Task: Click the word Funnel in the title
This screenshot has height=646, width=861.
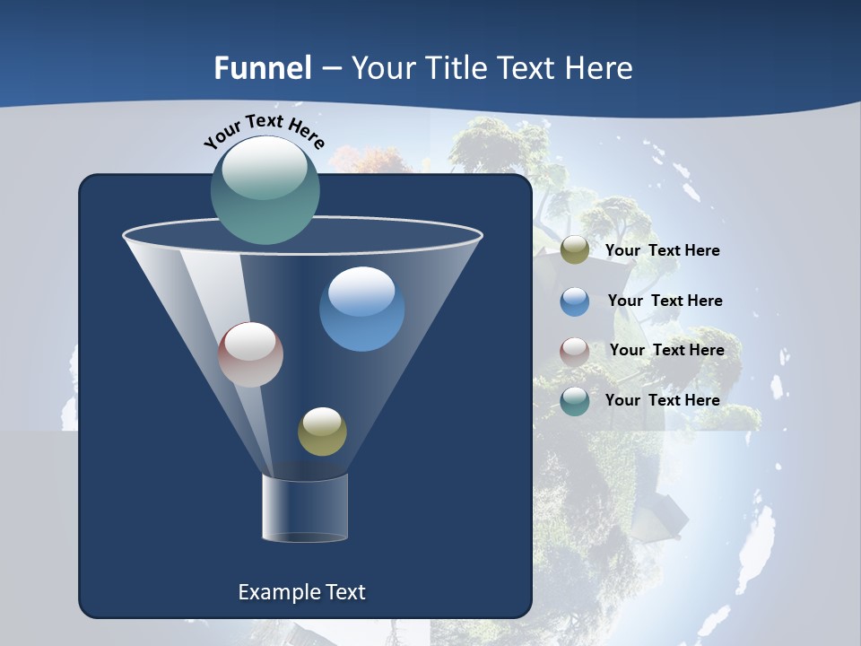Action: coord(262,68)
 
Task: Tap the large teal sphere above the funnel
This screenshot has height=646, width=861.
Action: coord(265,189)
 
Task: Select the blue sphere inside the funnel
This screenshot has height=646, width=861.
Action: coord(361,309)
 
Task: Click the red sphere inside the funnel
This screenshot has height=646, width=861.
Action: coord(250,354)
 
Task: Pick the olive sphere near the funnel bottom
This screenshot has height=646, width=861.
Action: coord(322,432)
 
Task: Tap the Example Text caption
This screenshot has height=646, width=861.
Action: coord(301,592)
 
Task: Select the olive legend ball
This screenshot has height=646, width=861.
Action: coord(574,250)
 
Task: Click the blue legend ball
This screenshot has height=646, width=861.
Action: coord(574,301)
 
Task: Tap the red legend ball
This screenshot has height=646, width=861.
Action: coord(574,351)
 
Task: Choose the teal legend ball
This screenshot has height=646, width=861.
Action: coord(574,401)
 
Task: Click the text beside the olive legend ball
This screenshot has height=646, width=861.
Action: coord(662,251)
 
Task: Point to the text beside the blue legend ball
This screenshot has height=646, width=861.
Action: coord(665,301)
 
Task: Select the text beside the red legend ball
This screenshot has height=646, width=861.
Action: coord(666,351)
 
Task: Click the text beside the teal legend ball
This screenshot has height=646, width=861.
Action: coord(662,401)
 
